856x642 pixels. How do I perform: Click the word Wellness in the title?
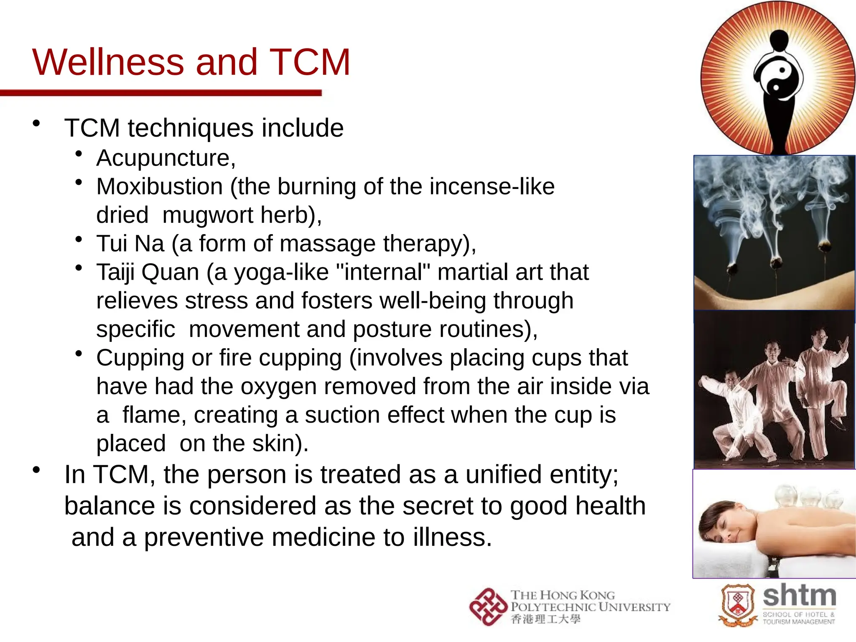(108, 62)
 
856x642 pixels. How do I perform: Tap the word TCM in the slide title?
(310, 62)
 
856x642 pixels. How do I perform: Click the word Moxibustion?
(159, 186)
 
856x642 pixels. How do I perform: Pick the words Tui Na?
(130, 243)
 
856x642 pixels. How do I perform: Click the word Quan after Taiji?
(170, 272)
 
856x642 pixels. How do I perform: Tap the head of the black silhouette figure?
(779, 40)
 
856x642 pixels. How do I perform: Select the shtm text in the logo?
(799, 596)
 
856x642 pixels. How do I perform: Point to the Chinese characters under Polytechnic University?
(545, 619)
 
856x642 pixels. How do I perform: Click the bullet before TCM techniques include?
(37, 123)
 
